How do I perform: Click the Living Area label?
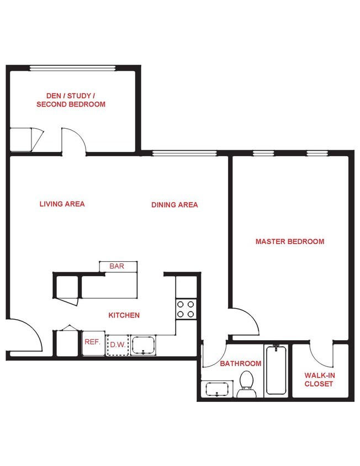pos(62,204)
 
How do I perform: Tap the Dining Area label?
pos(174,205)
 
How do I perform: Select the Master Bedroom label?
pos(289,241)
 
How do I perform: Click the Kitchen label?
pos(124,315)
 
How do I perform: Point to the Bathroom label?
pos(240,363)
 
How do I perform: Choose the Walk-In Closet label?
pos(319,379)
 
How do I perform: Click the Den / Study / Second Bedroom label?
pos(71,99)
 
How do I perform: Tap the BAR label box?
pos(117,267)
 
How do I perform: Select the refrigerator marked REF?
pos(93,342)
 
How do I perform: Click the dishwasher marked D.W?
pos(117,345)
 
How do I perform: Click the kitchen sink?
pos(143,345)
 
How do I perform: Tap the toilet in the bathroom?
pos(247,383)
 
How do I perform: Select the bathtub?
pos(276,369)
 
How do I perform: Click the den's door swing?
pos(73,141)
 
